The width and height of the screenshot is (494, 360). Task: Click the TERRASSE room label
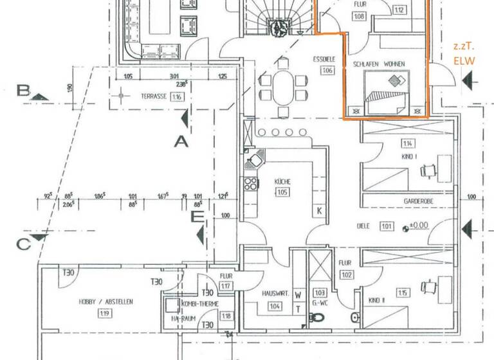point(154,96)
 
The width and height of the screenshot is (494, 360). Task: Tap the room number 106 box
point(328,71)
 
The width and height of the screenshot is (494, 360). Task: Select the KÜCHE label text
point(282,182)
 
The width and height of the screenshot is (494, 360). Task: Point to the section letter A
point(181,141)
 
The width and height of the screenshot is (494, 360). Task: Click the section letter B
point(23,92)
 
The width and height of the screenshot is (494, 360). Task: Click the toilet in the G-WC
point(315,317)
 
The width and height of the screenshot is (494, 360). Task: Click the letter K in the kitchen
point(319,210)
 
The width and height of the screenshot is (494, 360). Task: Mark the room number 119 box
point(104,314)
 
